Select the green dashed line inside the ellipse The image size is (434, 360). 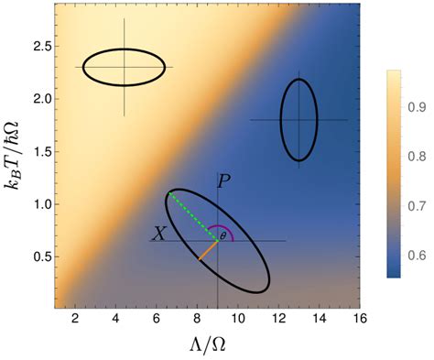tap(192, 217)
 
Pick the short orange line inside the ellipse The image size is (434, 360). tap(208, 250)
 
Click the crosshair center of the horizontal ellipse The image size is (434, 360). tap(124, 67)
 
